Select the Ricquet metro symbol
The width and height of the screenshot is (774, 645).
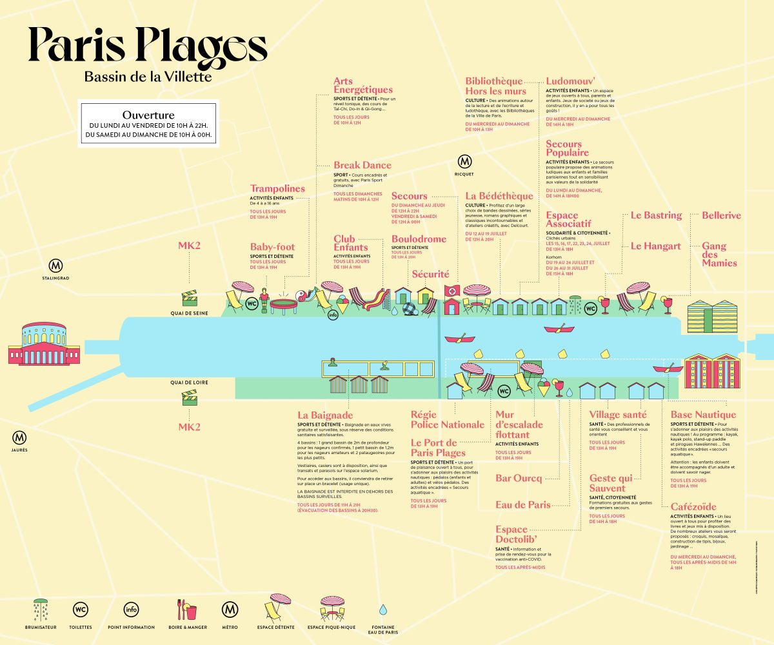(464, 162)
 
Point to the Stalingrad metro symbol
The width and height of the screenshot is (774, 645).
(57, 265)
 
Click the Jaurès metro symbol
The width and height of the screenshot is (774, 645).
(19, 437)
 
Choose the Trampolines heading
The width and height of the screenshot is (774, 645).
(277, 189)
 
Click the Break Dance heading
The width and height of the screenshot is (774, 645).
(362, 165)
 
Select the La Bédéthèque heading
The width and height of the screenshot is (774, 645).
(499, 196)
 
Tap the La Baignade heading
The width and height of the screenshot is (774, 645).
(325, 415)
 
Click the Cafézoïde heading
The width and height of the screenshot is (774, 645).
(693, 507)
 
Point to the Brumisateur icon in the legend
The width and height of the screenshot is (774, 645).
(41, 609)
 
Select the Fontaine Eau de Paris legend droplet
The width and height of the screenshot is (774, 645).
(382, 609)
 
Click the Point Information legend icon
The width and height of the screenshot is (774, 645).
(131, 609)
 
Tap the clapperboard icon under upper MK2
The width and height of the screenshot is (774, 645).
(189, 298)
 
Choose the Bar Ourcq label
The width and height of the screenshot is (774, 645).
(518, 478)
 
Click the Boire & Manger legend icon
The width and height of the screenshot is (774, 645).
(186, 609)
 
